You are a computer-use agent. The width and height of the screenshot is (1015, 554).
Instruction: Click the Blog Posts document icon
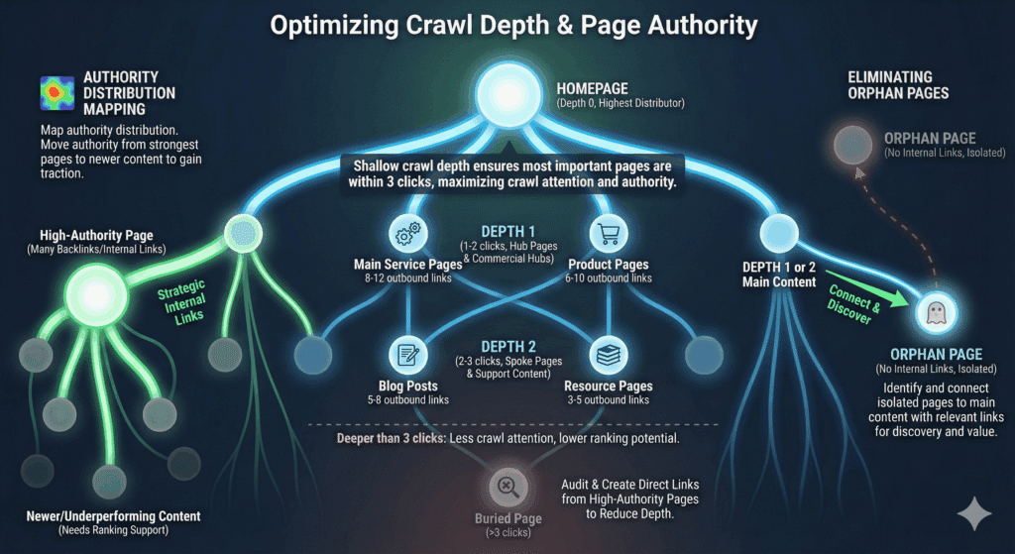click(x=406, y=355)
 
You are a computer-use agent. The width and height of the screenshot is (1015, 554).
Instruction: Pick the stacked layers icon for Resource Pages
click(x=606, y=355)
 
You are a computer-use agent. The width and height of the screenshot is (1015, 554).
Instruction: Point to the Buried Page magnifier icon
click(x=507, y=486)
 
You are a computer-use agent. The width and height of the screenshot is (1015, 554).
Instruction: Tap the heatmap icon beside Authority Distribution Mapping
click(x=56, y=94)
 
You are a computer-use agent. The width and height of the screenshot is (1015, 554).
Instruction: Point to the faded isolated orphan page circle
click(x=851, y=147)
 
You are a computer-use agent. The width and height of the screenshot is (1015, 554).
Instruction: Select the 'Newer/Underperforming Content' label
click(x=113, y=516)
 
